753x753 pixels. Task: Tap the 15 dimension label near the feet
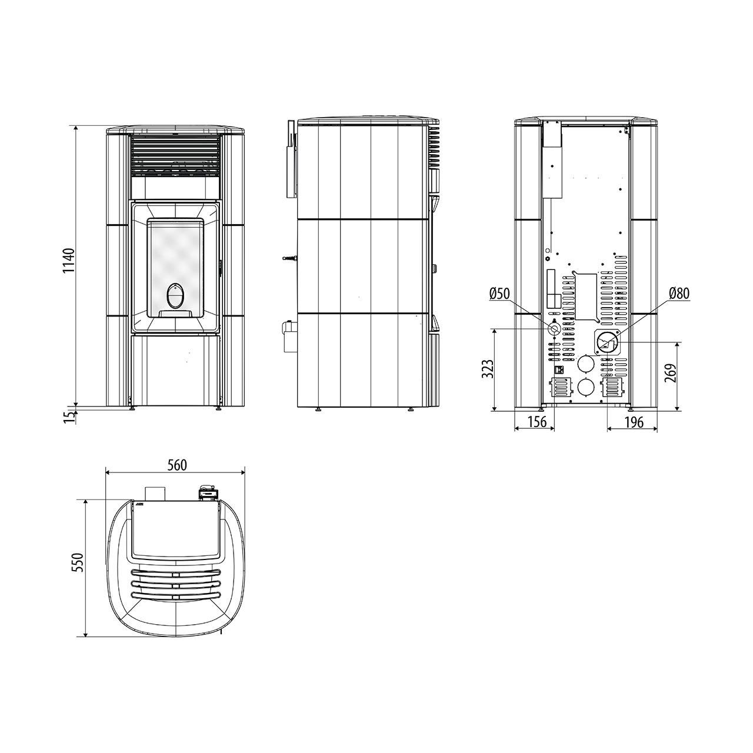point(69,417)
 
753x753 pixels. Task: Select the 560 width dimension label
point(178,465)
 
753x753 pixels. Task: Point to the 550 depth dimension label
point(79,563)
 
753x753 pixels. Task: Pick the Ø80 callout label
point(679,293)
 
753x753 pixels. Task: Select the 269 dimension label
point(670,374)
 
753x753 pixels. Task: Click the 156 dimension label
point(537,422)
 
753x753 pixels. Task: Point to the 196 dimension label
point(634,422)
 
